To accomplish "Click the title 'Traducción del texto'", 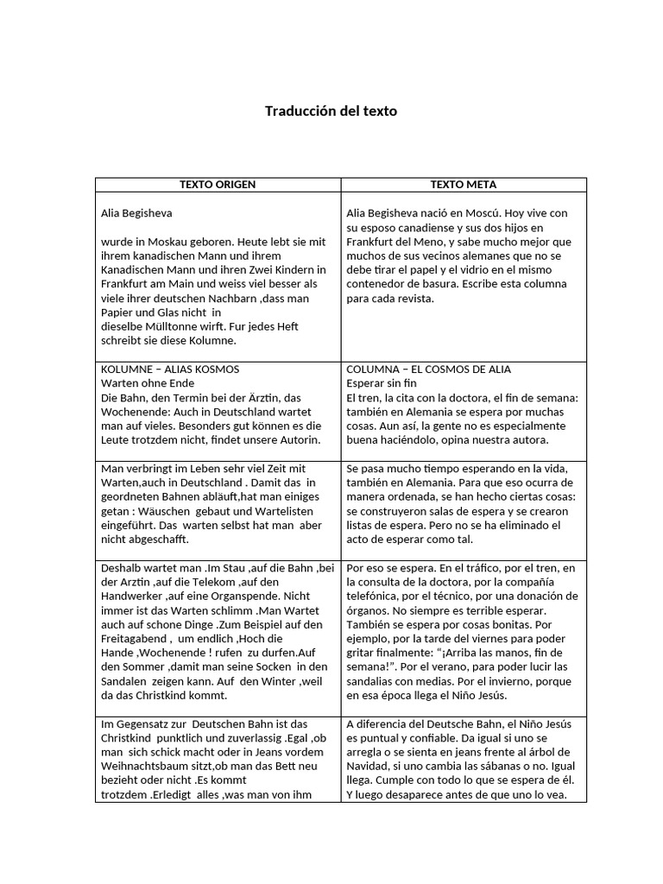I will coord(331,111).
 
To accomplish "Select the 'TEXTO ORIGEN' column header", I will coord(218,185).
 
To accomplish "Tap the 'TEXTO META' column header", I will coord(464,185).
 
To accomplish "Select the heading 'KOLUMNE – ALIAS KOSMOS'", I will coord(171,369).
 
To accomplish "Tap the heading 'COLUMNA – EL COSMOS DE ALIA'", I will coord(428,369).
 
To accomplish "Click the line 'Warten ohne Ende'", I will coord(148,383).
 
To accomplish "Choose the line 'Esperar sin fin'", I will coord(382,383).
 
